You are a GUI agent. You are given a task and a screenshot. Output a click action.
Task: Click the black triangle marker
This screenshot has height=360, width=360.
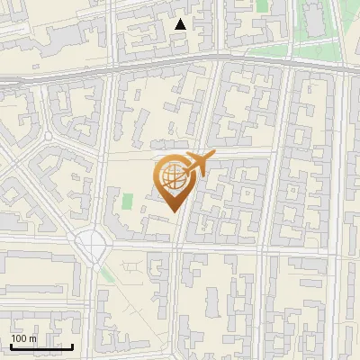pos(181,24)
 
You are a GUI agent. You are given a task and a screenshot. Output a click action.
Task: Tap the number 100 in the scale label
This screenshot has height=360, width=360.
pos(20,338)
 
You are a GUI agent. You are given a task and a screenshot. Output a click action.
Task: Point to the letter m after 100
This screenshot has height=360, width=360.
pos(33,338)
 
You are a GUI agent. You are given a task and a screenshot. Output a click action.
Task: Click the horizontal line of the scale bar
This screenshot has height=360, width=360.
pos(41,346)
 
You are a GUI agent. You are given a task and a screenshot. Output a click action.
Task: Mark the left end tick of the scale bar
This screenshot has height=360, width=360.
pos(11,345)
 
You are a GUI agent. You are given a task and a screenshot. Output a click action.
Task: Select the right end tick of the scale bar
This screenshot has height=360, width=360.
pos(72,345)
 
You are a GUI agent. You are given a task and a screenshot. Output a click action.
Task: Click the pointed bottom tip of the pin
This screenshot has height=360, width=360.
pos(172,211)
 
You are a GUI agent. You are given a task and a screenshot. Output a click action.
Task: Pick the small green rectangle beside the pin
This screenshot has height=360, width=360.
pos(128,202)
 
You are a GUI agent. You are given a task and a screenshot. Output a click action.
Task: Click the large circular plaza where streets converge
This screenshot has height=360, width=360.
pos(92,241)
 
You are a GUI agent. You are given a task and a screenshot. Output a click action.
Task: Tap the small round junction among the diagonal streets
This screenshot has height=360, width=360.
pos(48,136)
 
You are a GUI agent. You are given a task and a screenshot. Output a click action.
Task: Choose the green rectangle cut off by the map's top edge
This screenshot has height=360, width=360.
pos(262,4)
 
